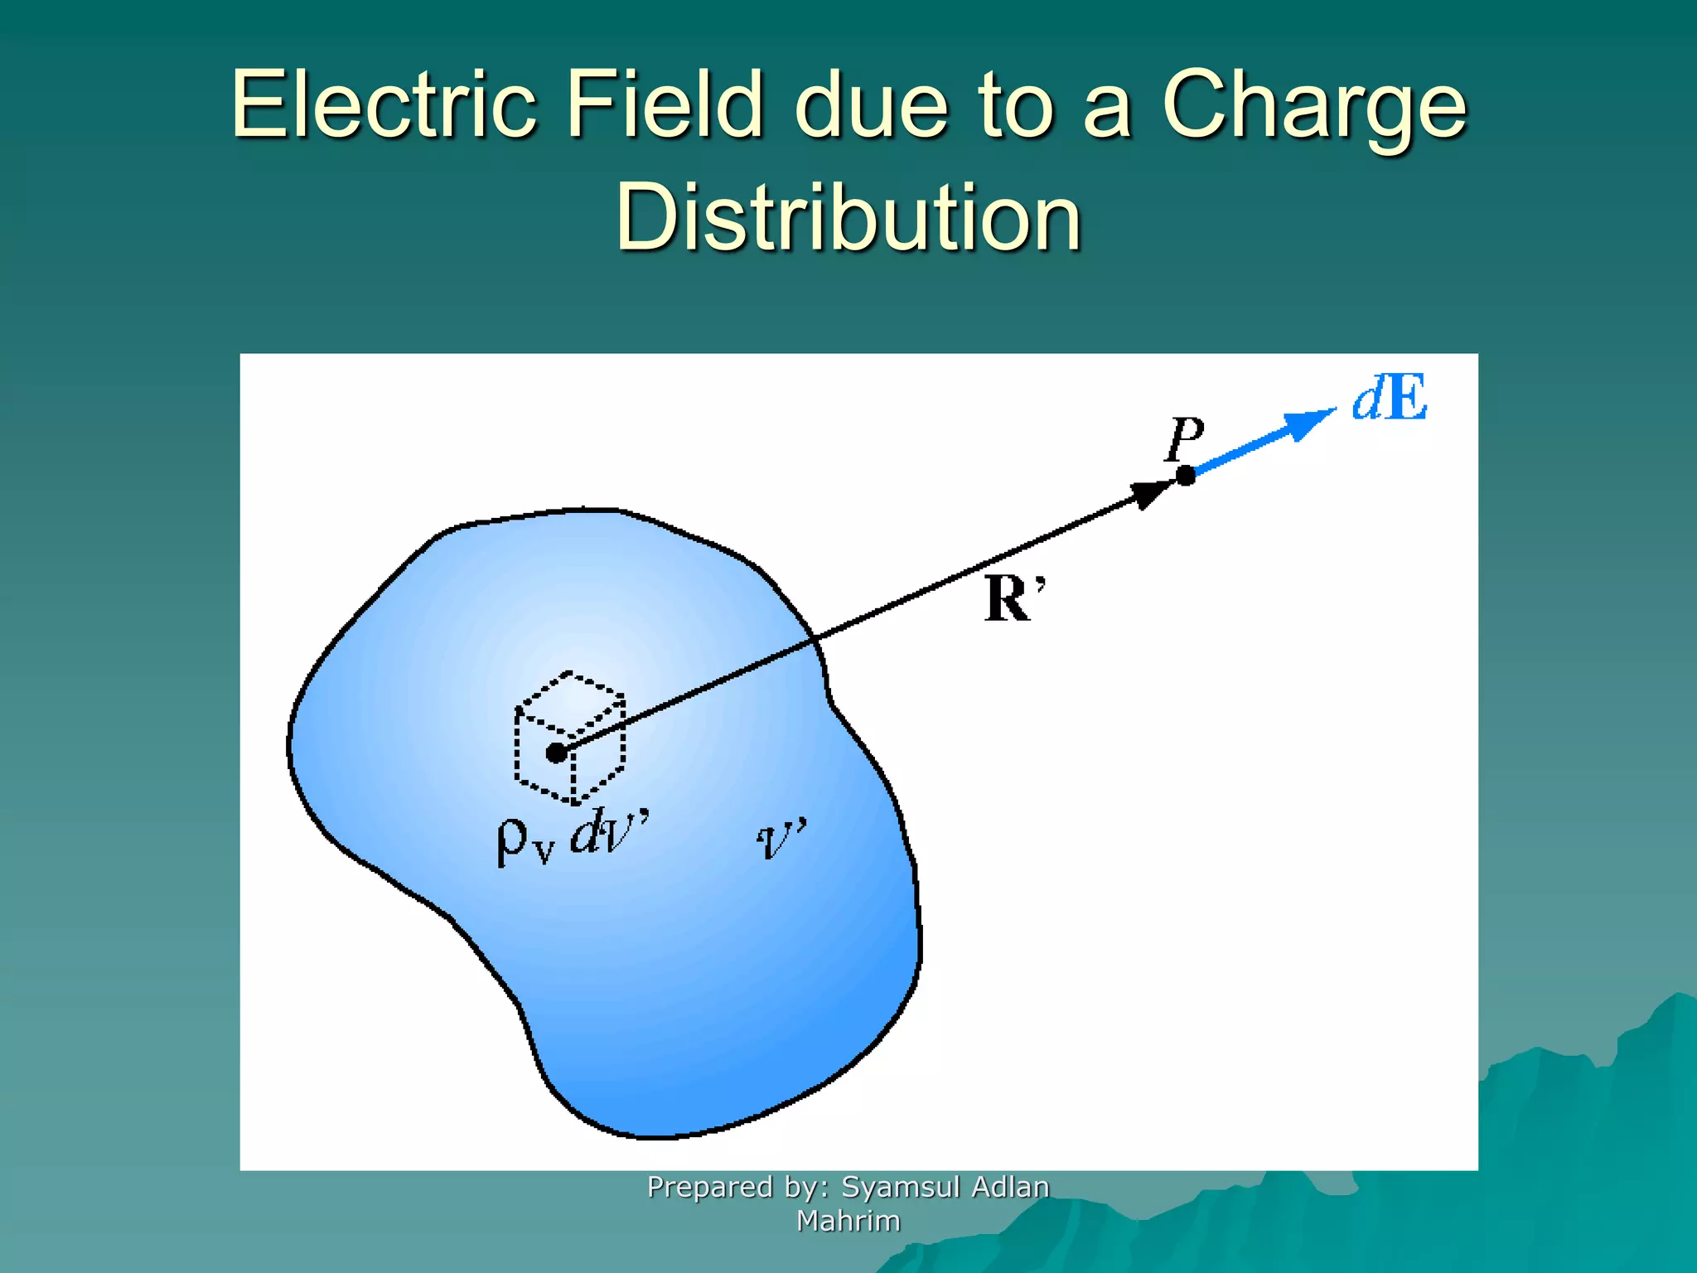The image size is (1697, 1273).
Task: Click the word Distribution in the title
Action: [x=848, y=217]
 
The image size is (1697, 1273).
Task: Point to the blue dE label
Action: [x=1390, y=399]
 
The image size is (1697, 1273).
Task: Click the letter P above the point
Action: [x=1183, y=438]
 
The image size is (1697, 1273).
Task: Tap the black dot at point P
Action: [x=1186, y=476]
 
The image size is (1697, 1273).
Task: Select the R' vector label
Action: [x=1013, y=598]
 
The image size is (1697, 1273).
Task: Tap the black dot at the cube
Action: [x=556, y=753]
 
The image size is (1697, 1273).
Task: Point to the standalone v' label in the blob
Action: [x=780, y=839]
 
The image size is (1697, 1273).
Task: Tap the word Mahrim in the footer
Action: [x=848, y=1221]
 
